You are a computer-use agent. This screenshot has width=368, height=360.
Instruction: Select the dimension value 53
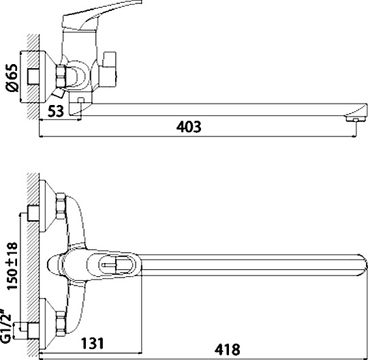click(57, 110)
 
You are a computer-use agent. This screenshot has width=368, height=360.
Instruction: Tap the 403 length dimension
click(188, 126)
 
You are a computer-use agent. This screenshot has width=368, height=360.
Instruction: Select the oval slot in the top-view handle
click(112, 263)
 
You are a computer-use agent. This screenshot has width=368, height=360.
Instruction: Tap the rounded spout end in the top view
click(360, 263)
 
